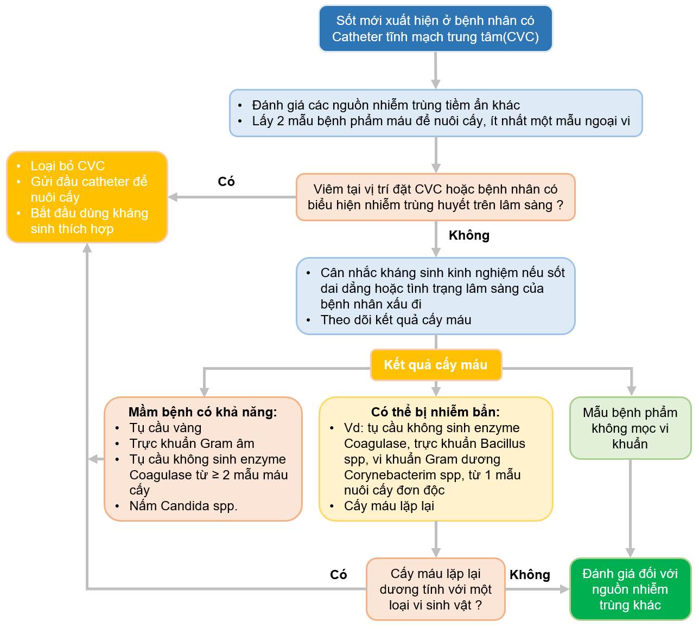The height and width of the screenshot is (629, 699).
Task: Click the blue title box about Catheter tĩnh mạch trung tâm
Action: coord(435,29)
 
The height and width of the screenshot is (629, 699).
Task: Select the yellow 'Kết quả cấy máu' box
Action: coord(436,365)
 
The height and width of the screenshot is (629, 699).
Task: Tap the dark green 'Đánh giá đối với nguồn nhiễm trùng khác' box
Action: coord(630,589)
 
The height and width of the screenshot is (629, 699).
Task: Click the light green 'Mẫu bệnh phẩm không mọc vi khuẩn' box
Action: coord(630,428)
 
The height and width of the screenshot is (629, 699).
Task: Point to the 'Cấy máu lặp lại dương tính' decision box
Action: coord(435,589)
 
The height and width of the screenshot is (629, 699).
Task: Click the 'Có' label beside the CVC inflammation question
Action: coord(226,182)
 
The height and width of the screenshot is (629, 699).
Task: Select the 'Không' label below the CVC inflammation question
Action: coord(469,235)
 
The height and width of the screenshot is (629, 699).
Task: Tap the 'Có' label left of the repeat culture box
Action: coord(338,575)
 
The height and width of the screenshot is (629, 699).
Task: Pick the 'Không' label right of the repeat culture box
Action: coord(530,575)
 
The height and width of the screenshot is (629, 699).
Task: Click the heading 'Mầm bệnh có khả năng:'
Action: coord(202,412)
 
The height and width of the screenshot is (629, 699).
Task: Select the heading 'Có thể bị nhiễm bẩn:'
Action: coord(435,412)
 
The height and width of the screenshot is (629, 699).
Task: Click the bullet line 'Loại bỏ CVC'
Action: coord(67,166)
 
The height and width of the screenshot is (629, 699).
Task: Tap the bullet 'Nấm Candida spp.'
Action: coord(183,506)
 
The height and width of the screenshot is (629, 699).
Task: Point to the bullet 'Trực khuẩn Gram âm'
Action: coord(192,444)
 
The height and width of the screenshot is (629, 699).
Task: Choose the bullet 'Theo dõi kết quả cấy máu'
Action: coord(396,320)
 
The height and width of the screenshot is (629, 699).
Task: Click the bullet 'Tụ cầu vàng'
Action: coord(165,428)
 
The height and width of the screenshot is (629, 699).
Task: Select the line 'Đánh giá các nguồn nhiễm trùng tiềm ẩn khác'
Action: coord(385,105)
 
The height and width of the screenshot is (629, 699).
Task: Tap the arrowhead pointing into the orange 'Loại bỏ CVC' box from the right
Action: coord(173,197)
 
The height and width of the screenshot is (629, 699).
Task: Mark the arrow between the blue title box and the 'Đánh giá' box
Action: coord(435,70)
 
